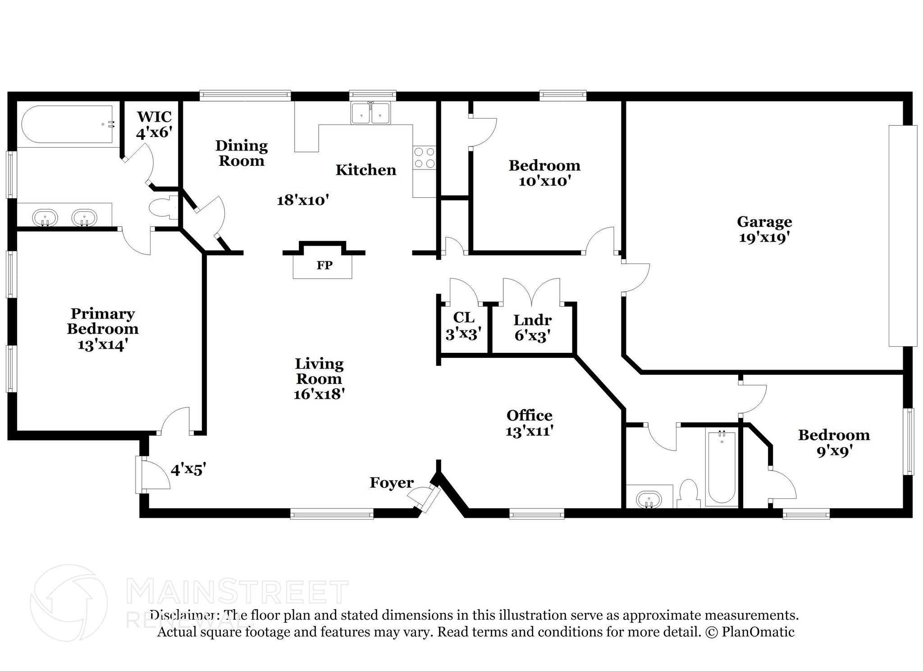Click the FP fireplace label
coord(324,265)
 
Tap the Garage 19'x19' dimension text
coord(764,237)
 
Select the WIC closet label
coord(155,117)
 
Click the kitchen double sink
coord(371,113)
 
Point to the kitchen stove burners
coord(425,157)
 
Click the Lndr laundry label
coord(532,320)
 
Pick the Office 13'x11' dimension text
coord(529,431)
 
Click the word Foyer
coord(392,483)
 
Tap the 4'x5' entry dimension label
coord(188,470)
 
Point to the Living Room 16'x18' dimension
coord(319,394)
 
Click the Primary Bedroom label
coord(103,321)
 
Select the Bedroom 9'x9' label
coord(834,443)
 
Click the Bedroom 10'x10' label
coord(544,173)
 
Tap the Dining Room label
coord(242,153)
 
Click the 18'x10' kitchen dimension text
coord(303,200)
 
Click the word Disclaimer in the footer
coord(185,615)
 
